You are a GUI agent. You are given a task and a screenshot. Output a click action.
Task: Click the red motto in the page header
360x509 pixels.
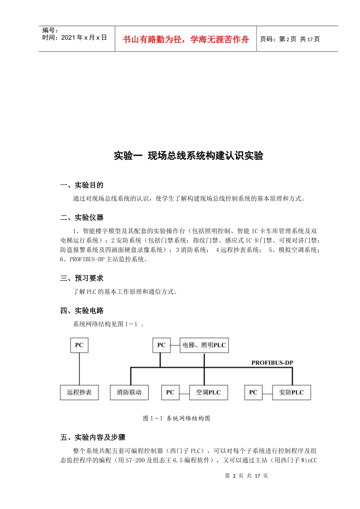pos(186,39)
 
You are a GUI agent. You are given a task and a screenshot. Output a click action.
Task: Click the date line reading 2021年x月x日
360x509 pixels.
pos(75,37)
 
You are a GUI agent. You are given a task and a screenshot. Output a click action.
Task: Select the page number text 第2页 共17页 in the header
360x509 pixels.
pos(290,39)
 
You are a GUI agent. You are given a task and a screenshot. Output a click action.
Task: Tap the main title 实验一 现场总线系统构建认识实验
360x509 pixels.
pos(188,156)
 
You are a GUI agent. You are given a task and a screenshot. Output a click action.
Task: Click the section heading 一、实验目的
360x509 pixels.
pos(81,185)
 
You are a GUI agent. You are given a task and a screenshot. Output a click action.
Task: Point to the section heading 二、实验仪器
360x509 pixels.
pos(81,217)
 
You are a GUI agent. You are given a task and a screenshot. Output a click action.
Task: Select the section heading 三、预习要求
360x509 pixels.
pos(81,278)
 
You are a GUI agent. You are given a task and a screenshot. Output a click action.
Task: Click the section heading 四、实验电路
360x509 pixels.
pos(81,311)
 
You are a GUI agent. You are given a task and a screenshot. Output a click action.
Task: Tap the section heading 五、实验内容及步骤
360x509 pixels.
pos(92,437)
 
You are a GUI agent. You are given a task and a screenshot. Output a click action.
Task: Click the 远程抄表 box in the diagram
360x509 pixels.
pos(79,392)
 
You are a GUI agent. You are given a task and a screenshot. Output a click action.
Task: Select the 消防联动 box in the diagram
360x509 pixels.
pos(129,392)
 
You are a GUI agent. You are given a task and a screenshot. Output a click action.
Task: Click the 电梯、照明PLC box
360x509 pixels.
pos(204,345)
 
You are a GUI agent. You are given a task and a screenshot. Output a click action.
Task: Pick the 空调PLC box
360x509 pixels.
pos(208,392)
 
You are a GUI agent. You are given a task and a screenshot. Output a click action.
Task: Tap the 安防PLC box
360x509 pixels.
pos(291,392)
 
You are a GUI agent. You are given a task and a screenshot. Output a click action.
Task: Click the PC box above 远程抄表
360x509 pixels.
pos(79,345)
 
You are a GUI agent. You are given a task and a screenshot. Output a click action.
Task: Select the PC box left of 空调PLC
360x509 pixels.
pos(170,392)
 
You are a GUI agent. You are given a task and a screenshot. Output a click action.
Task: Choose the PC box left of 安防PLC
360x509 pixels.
pos(253,392)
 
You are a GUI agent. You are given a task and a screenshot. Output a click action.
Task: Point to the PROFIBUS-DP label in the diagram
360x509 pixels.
pos(272,363)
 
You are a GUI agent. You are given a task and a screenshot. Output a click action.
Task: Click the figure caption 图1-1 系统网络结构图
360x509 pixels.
pos(177,418)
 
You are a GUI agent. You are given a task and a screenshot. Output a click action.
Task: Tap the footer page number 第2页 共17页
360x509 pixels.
pos(246,476)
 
